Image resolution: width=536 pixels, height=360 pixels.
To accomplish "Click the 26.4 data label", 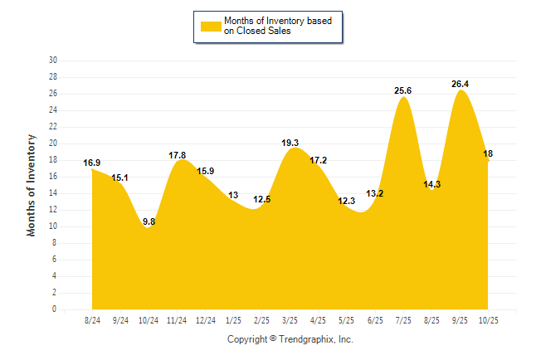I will click(460, 84).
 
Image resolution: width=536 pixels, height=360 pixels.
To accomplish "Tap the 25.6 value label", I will click(403, 90).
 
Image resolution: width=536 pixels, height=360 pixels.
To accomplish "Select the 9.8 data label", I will click(149, 221).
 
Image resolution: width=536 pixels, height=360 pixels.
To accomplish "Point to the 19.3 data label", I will click(290, 143).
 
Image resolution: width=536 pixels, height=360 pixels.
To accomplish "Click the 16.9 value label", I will click(92, 163).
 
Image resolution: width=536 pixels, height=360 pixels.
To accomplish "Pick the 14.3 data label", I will click(431, 184).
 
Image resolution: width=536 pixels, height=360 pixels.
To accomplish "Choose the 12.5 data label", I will click(262, 199).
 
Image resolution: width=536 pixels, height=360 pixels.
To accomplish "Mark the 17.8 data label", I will click(178, 155).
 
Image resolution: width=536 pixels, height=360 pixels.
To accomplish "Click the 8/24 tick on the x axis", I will click(93, 319).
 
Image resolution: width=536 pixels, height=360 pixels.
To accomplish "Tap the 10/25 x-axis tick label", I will click(488, 319).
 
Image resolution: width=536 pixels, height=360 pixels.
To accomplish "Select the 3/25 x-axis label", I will click(290, 319).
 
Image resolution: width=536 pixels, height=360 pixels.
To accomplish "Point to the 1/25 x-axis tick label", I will click(234, 319).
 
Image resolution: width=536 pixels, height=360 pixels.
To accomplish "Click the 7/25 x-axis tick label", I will click(403, 319).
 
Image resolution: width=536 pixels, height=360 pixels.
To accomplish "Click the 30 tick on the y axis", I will click(53, 61).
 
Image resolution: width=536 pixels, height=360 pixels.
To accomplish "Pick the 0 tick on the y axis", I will click(55, 309).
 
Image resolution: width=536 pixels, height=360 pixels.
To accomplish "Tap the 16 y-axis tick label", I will click(53, 177).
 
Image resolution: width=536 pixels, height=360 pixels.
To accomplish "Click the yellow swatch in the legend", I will click(211, 27).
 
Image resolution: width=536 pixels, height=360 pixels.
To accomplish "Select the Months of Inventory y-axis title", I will click(32, 185).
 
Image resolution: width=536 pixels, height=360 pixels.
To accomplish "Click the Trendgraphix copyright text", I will click(290, 339).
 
